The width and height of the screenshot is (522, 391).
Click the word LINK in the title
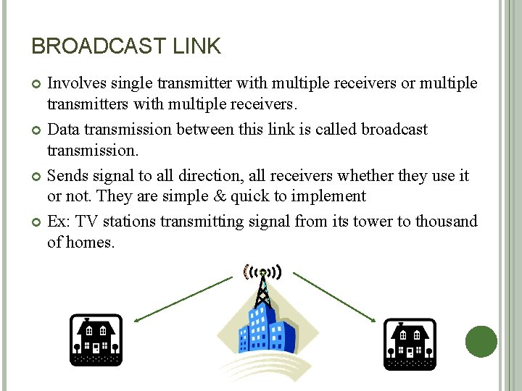196,46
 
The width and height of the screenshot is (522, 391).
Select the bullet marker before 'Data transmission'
37,130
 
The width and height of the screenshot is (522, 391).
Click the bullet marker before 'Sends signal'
37,177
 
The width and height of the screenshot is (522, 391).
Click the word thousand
447,222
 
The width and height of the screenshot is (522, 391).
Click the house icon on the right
410,342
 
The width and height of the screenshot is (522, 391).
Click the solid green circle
481,342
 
